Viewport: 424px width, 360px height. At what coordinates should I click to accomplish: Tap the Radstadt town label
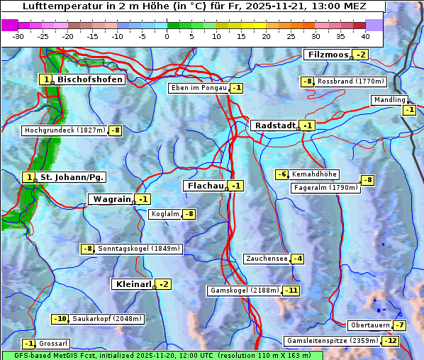(274, 125)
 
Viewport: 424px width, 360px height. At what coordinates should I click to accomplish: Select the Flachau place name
(204, 186)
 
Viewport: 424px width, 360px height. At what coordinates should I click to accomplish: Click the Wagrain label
(112, 200)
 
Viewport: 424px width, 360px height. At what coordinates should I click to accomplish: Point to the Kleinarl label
(133, 284)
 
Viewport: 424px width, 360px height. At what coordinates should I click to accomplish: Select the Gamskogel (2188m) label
(244, 291)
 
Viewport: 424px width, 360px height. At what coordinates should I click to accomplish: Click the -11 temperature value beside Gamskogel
(291, 291)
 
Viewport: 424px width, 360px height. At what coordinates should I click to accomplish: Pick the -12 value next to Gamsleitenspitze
(391, 341)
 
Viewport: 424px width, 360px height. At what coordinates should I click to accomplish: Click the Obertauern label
(370, 325)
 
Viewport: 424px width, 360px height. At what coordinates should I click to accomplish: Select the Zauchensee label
(267, 259)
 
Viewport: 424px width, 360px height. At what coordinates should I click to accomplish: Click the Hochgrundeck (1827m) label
(65, 130)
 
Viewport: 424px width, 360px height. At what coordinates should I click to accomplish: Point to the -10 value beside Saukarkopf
(61, 319)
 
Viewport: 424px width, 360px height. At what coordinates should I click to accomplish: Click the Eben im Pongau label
(199, 88)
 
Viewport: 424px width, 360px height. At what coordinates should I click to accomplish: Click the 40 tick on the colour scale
(365, 36)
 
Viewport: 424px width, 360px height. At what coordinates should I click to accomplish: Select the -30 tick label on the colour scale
(18, 36)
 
